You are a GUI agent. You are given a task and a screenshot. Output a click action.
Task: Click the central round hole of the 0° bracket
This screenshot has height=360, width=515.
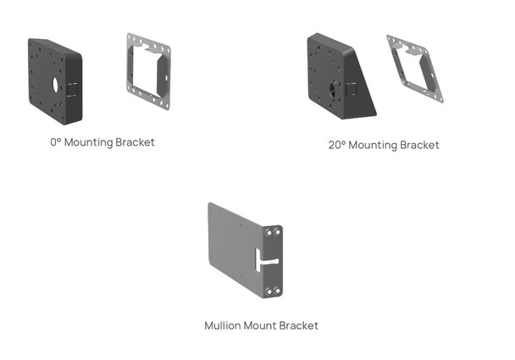[53, 86]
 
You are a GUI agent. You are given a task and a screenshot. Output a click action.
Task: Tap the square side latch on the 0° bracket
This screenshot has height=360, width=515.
[74, 89]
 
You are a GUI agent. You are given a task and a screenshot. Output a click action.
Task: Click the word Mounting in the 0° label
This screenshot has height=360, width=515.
[90, 142]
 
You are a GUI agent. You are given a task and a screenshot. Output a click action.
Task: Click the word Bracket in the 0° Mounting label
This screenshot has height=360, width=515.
[136, 142]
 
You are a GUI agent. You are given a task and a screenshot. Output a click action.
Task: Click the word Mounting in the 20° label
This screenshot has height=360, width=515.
[374, 145]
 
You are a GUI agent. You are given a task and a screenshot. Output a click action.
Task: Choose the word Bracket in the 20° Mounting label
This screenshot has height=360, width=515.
[419, 145]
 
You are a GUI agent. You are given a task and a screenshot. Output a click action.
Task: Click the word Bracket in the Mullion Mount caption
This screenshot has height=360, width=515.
[301, 325]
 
